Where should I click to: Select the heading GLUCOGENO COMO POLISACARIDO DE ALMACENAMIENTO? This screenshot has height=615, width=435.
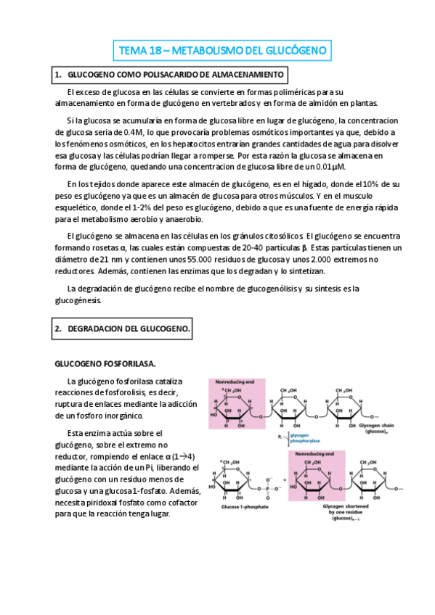click(171, 75)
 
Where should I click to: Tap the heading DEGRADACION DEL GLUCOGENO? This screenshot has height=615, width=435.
click(123, 329)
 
